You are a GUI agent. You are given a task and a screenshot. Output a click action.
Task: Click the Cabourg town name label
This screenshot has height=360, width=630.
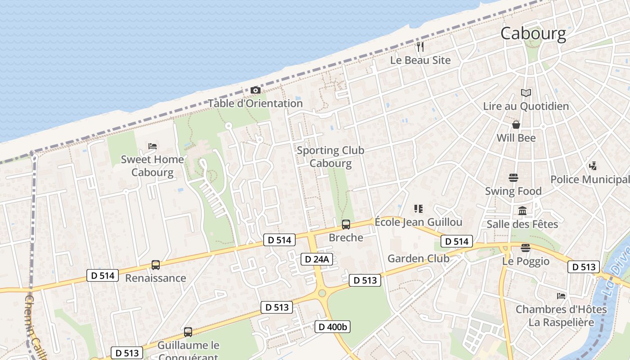pyautogui.click(x=533, y=34)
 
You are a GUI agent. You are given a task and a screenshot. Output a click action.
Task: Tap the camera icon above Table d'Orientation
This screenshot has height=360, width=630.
pyautogui.click(x=255, y=90)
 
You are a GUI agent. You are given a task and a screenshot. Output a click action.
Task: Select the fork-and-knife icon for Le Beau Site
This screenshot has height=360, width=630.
pyautogui.click(x=420, y=47)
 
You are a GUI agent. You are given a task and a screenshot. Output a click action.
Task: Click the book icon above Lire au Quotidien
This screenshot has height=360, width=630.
pyautogui.click(x=526, y=93)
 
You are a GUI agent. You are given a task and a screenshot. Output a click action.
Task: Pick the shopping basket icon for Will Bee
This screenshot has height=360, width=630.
pyautogui.click(x=516, y=125)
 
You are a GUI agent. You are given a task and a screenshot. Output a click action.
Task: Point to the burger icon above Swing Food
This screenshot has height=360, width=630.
pyautogui.click(x=513, y=178)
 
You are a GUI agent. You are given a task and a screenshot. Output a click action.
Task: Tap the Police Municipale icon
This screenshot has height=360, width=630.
pyautogui.click(x=593, y=166)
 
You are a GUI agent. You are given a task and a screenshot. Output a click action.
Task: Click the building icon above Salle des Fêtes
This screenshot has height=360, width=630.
pyautogui.click(x=522, y=211)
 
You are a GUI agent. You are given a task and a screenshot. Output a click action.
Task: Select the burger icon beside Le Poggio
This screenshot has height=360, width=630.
pyautogui.click(x=525, y=248)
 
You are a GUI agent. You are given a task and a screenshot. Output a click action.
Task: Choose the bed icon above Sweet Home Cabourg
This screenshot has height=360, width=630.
pyautogui.click(x=153, y=146)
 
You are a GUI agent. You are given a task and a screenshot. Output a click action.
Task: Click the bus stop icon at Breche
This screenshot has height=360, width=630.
pyautogui.click(x=346, y=224)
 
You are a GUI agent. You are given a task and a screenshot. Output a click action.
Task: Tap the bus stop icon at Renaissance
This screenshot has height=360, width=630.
pyautogui.click(x=155, y=265)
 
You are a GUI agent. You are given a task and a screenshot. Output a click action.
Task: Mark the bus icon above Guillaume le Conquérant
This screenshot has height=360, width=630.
pyautogui.click(x=188, y=332)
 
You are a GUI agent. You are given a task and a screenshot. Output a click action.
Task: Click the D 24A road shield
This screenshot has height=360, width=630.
pyautogui.click(x=317, y=259)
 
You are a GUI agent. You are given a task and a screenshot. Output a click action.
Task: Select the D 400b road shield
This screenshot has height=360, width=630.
pyautogui.click(x=332, y=327)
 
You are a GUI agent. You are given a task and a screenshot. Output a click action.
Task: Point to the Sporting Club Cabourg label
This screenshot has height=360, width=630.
pyautogui.click(x=330, y=157)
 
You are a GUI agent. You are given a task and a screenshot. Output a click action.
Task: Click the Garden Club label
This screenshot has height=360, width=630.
pyautogui.click(x=418, y=258)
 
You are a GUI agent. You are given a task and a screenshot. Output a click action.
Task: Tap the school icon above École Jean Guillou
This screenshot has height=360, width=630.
pyautogui.click(x=418, y=208)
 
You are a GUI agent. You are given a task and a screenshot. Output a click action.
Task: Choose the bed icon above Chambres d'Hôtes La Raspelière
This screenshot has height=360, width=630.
pyautogui.click(x=561, y=296)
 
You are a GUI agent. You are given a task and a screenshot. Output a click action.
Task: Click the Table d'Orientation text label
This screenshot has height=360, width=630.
pyautogui.click(x=255, y=103)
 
